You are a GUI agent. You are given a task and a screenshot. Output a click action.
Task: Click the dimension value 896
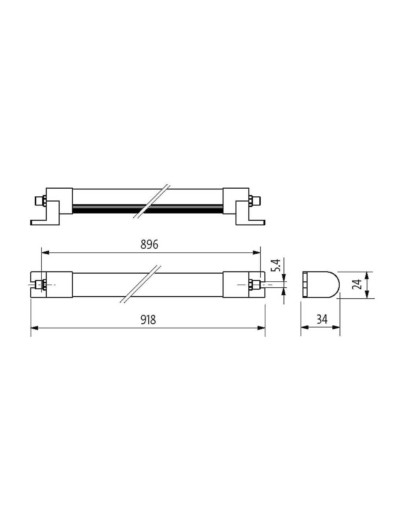149,244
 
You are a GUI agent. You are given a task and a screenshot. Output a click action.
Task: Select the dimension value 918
148,319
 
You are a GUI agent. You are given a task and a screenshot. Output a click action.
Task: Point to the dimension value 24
358,284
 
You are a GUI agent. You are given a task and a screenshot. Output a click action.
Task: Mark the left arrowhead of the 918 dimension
34,328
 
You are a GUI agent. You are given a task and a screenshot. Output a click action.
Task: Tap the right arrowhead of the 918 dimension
261,328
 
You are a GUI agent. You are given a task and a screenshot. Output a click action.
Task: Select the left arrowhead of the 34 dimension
305,328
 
